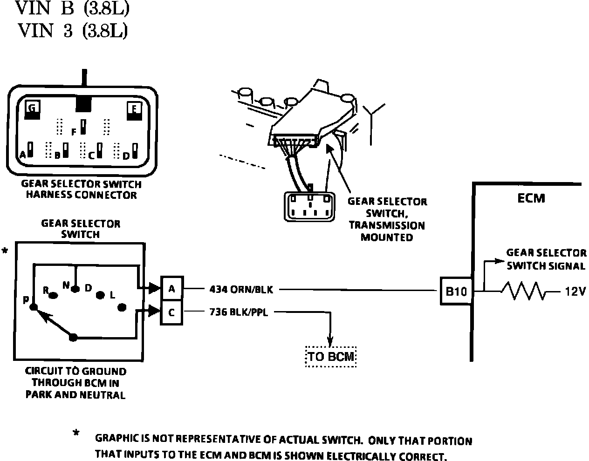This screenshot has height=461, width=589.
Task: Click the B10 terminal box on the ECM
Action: pyautogui.click(x=456, y=292)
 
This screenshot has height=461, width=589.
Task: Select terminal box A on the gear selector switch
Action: pyautogui.click(x=171, y=289)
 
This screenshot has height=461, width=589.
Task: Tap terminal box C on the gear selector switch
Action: pyautogui.click(x=171, y=313)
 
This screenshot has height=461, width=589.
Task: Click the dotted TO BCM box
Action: pyautogui.click(x=331, y=357)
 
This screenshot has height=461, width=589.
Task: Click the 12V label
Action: pyautogui.click(x=575, y=292)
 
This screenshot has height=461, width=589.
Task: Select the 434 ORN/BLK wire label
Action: pyautogui.click(x=240, y=290)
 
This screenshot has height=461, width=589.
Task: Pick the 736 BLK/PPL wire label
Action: pyautogui.click(x=239, y=312)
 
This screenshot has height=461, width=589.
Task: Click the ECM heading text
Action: pyautogui.click(x=531, y=198)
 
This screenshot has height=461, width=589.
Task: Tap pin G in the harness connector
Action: pyautogui.click(x=32, y=109)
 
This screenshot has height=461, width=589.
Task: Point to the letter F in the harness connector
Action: pyautogui.click(x=74, y=132)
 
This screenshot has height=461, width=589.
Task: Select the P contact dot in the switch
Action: pyautogui.click(x=33, y=307)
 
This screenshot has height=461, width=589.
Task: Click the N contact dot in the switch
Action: pyautogui.click(x=75, y=289)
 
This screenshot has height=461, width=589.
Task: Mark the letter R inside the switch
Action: pyautogui.click(x=46, y=291)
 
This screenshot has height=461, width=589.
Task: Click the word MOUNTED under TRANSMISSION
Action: pyautogui.click(x=386, y=237)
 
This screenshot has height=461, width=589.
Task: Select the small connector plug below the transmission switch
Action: pyautogui.click(x=309, y=206)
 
